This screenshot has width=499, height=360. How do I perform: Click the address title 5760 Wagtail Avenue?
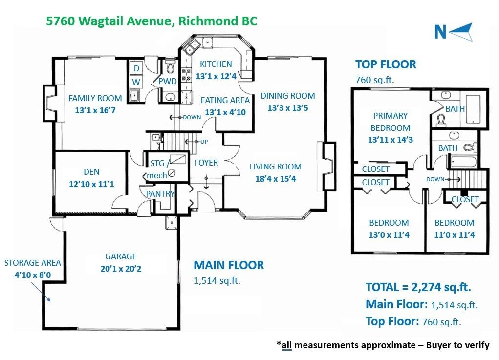pos(151,21)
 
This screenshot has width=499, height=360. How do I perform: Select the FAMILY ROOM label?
pos(95,98)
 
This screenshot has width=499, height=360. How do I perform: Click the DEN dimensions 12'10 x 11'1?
pos(92,184)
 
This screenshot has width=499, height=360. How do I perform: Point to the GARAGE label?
pos(121,256)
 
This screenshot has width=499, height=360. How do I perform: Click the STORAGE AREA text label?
pos(32,263)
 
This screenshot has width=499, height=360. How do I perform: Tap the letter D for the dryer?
pos(136,68)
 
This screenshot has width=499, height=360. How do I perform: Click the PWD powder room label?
pos(167,81)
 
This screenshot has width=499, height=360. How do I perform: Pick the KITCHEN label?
pos(216,64)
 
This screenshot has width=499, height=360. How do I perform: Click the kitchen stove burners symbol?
pos(187,75)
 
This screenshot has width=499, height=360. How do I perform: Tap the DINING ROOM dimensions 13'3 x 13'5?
pos(287,108)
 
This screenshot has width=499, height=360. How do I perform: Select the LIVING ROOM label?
pos(275,167)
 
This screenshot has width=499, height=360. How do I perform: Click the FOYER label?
pos(206,163)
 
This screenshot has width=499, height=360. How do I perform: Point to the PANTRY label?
pos(160,194)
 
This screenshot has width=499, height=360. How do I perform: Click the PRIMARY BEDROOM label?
pos(390,122)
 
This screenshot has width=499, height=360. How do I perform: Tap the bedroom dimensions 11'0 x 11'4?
pos(455,235)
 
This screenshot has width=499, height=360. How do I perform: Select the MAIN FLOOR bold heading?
pos(229,265)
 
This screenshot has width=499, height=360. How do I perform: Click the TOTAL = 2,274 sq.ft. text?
pos(418,287)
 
